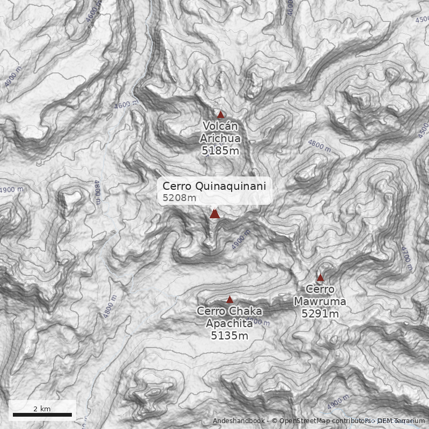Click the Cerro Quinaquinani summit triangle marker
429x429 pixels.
(x=214, y=213)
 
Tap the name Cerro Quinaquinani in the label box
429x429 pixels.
(x=214, y=186)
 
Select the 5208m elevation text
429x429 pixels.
(x=179, y=198)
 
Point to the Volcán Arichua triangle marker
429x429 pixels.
(x=220, y=114)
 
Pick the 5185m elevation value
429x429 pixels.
(x=220, y=151)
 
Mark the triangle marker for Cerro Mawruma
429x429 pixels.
(x=320, y=278)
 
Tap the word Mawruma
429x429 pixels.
(x=320, y=302)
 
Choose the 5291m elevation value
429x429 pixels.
(x=320, y=314)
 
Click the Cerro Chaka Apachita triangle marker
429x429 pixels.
(x=230, y=300)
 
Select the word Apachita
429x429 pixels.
(x=230, y=324)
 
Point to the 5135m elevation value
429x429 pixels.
(x=230, y=336)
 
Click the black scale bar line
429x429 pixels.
(x=42, y=415)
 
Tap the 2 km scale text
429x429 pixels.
(x=42, y=409)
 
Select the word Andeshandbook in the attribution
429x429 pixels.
(x=238, y=421)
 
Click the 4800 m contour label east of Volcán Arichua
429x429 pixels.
(x=320, y=145)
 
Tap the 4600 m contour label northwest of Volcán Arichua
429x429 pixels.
(x=125, y=105)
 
